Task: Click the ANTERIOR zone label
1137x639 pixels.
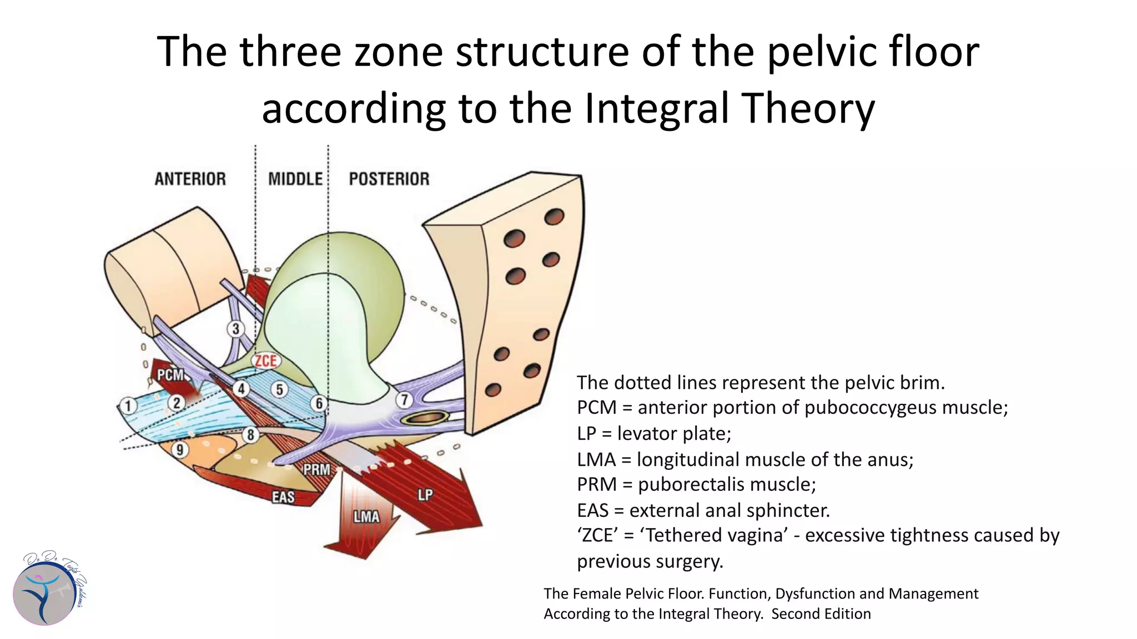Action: (190, 179)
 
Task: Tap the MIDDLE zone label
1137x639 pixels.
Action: (295, 179)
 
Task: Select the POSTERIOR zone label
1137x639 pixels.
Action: (389, 179)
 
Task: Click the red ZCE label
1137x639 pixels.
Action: (266, 361)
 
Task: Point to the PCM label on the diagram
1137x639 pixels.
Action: (170, 375)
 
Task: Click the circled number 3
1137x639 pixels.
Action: (236, 329)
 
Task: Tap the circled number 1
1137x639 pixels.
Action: (128, 405)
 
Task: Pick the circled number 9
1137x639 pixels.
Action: (180, 449)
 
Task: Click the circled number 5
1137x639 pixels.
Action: (280, 390)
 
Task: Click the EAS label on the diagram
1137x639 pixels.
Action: (283, 497)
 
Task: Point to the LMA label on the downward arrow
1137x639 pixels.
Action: (366, 517)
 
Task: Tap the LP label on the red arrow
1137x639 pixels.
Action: (425, 495)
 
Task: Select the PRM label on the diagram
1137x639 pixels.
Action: (317, 470)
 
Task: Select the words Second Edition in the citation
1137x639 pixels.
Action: (821, 613)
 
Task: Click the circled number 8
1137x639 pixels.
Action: (251, 435)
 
